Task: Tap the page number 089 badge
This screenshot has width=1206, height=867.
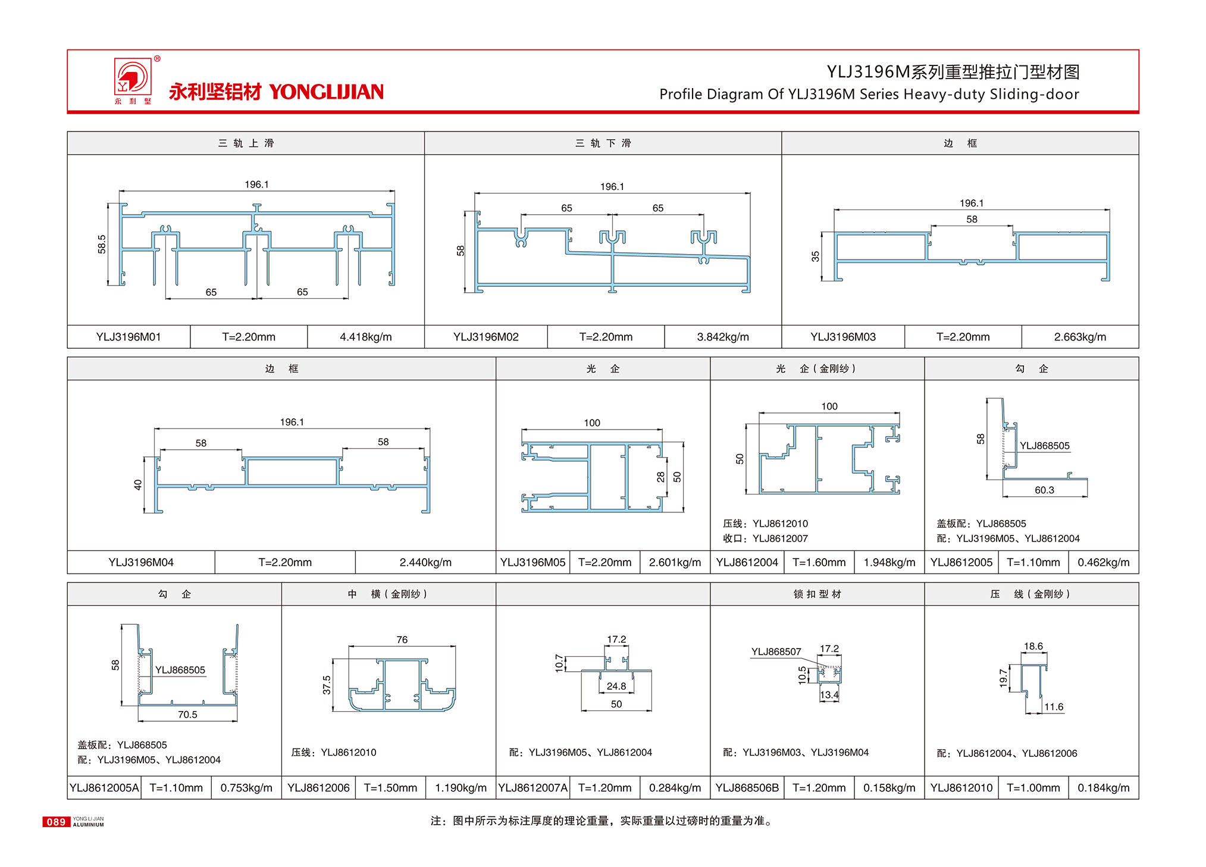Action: [56, 822]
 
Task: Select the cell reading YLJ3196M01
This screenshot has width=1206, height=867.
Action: [129, 337]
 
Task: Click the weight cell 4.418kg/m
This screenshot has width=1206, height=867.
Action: [365, 337]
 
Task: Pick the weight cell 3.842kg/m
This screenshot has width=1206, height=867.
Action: [722, 337]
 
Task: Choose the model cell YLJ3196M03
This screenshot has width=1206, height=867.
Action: [842, 337]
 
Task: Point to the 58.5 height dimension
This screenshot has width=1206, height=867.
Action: [102, 244]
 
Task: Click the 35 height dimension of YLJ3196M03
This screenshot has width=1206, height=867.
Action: [815, 256]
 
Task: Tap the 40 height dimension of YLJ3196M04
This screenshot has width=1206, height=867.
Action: [138, 485]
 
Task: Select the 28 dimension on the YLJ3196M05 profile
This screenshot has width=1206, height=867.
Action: [660, 477]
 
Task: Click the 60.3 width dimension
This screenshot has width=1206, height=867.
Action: [1044, 490]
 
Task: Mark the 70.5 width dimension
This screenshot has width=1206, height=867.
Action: [187, 715]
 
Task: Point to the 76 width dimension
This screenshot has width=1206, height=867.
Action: [402, 640]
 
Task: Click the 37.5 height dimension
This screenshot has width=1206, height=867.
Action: [327, 684]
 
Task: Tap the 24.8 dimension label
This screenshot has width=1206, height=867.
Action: [616, 686]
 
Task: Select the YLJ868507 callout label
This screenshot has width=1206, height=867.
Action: [776, 652]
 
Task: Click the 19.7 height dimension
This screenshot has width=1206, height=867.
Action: [1003, 678]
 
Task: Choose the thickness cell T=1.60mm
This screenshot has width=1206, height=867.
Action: [819, 562]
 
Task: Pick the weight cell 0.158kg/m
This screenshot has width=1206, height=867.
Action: [889, 788]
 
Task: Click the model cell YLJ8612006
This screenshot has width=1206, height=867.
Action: [318, 788]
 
